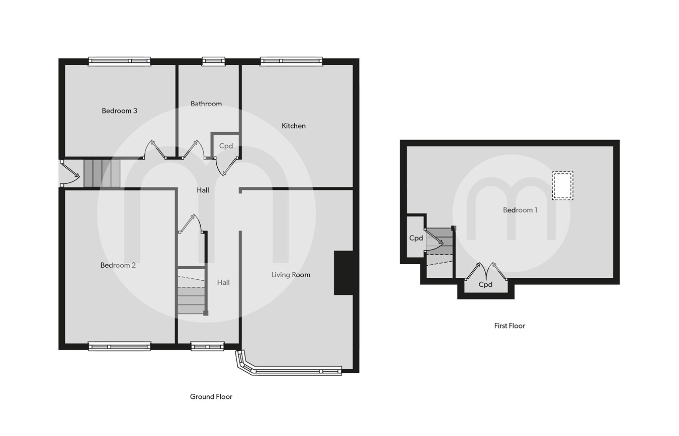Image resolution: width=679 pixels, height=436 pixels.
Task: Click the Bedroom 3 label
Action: (119, 111)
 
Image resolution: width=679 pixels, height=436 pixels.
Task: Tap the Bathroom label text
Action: (206, 104)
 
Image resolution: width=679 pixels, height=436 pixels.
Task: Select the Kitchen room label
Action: (294, 126)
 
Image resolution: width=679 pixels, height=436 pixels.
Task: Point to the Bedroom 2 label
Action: (118, 265)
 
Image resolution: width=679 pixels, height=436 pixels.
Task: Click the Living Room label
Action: (291, 275)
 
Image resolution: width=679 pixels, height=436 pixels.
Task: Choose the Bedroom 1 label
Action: (520, 210)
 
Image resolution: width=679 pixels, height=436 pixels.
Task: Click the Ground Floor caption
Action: (211, 397)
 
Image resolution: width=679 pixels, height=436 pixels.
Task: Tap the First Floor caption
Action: (510, 326)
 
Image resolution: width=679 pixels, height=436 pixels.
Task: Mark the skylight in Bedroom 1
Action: (562, 185)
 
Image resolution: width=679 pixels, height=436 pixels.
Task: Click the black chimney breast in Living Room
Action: (344, 273)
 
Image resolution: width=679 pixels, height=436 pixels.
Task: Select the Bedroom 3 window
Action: (119, 61)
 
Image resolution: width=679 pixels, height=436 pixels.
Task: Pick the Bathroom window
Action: (214, 61)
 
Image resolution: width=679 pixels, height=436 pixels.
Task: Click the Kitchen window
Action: (291, 61)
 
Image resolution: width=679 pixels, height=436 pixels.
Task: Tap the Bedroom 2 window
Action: (119, 346)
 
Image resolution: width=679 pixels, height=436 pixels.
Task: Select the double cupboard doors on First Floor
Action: (486, 272)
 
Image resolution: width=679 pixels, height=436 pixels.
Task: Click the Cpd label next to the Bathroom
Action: (226, 146)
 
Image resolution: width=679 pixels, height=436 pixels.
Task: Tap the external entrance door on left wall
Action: (69, 174)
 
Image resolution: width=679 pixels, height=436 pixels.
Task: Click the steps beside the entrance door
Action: (102, 173)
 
